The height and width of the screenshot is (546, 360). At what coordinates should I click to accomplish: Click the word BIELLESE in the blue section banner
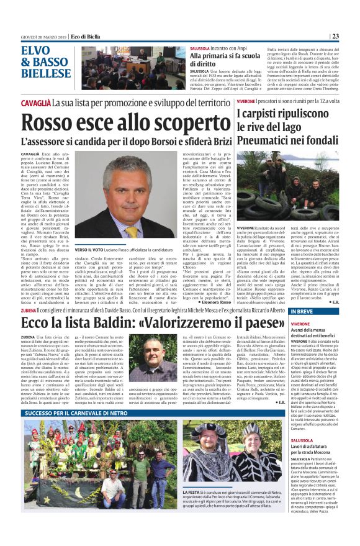tap(46, 73)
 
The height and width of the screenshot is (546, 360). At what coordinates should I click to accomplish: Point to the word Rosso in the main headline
tap(55, 124)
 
